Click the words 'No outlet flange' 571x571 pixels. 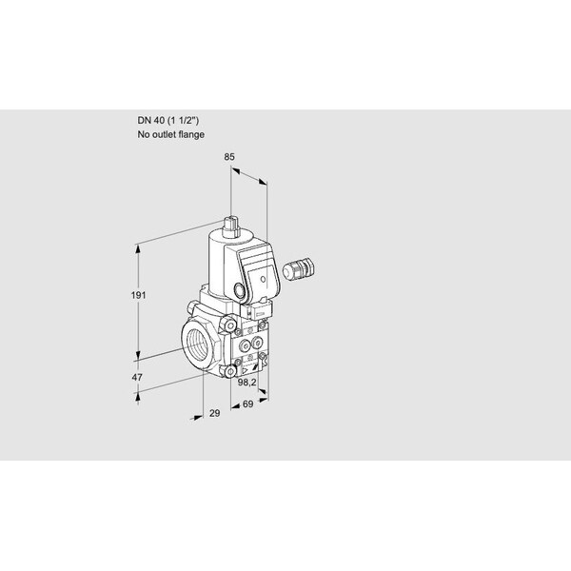(171, 135)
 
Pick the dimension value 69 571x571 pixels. (248, 405)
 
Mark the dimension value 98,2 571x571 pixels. (248, 382)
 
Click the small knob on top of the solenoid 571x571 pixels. (231, 225)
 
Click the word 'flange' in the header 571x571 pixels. (193, 135)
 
